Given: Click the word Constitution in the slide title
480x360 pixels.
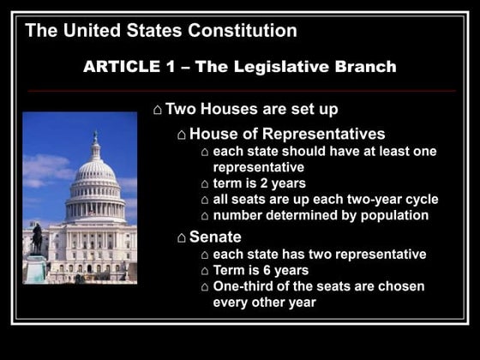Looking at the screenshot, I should click(243, 31).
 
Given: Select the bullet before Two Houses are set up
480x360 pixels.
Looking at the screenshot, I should click(157, 110).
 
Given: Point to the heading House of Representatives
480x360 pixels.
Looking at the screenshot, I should click(286, 134).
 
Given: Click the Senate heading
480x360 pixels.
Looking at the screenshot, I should click(215, 237).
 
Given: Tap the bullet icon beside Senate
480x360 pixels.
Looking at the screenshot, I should click(182, 237).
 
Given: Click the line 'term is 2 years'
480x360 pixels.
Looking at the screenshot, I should click(259, 183).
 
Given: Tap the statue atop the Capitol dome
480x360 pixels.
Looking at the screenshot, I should click(95, 137).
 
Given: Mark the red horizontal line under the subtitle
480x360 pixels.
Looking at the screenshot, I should click(240, 90).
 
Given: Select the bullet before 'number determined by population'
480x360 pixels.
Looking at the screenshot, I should click(204, 216).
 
